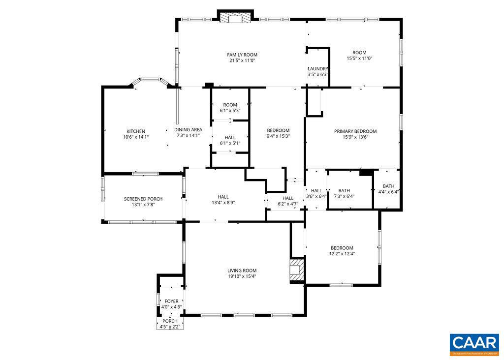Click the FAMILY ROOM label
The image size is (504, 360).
coord(242,55)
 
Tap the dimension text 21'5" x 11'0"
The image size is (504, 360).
coord(242,60)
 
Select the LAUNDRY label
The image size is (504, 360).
coord(318,69)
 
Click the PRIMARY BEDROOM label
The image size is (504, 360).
coord(355,131)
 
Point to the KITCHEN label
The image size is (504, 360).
coord(135,131)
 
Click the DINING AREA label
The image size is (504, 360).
coord(188,130)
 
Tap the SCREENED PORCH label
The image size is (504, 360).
coord(143,199)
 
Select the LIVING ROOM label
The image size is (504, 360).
coord(242,270)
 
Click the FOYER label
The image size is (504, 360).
coord(171,301)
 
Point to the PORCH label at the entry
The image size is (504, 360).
coord(170,321)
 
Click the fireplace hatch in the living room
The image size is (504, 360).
coord(296,270)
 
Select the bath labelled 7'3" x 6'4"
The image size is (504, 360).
coord(344,193)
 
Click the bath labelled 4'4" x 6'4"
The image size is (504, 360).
coord(389,189)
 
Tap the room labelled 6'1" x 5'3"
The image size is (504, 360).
coord(230,108)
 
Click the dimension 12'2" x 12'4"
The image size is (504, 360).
coord(342,254)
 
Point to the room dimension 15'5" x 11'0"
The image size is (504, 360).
coord(359,59)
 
